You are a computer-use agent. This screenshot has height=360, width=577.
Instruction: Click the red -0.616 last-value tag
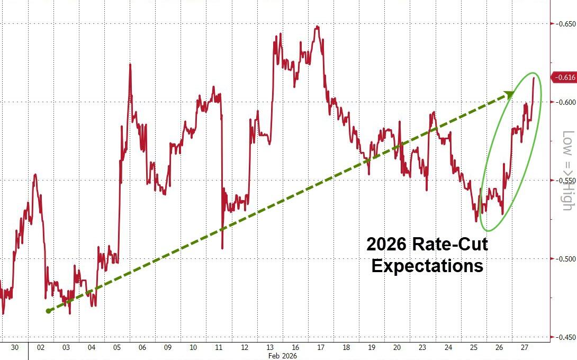(x=564, y=78)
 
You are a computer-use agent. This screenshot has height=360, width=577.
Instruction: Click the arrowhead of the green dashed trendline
(x=509, y=94)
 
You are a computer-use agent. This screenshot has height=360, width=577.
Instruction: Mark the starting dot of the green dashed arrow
(x=48, y=311)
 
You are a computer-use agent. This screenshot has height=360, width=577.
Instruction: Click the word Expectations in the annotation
(x=427, y=265)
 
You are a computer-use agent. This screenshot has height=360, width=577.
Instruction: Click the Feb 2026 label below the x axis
(x=283, y=356)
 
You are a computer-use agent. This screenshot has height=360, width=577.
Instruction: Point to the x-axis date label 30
(x=15, y=347)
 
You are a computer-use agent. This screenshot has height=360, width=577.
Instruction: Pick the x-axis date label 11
(x=218, y=347)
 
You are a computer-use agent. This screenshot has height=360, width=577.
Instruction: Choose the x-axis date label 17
(x=321, y=347)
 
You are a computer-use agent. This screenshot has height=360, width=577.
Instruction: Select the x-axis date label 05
(x=117, y=347)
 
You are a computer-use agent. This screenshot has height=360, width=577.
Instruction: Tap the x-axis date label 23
(x=422, y=347)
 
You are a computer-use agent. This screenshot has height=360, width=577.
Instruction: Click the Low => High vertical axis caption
(x=567, y=170)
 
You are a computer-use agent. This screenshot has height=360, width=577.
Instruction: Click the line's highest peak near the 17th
(x=317, y=26)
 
